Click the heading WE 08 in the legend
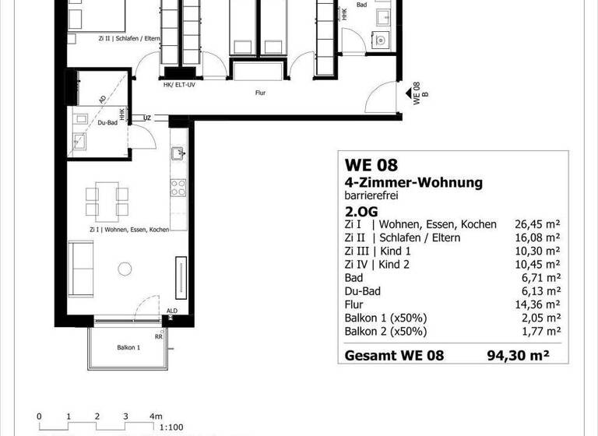pyautogui.click(x=371, y=165)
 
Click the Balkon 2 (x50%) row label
pyautogui.click(x=385, y=331)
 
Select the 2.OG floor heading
pyautogui.click(x=361, y=210)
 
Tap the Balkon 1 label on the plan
pyautogui.click(x=128, y=347)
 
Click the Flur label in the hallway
pyautogui.click(x=260, y=91)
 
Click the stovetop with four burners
pyautogui.click(x=178, y=188)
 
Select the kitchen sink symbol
pyautogui.click(x=178, y=153)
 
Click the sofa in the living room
pyautogui.click(x=80, y=267)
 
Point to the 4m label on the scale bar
pyautogui.click(x=157, y=416)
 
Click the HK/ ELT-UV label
pyautogui.click(x=178, y=86)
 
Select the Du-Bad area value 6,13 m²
pyautogui.click(x=539, y=290)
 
